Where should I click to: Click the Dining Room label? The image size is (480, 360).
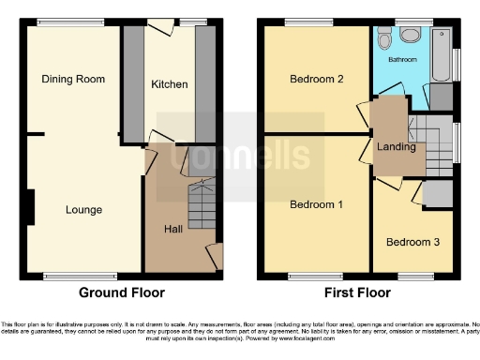73,80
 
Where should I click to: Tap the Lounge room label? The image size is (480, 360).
83,210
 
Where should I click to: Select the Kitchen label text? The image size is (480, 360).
170,84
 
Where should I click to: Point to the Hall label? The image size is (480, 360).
174,229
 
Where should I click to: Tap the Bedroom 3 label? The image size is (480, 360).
412,242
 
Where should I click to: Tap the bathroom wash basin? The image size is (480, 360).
410,36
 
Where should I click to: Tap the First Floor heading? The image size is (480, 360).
358,292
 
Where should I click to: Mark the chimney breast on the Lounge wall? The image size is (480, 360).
33,207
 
